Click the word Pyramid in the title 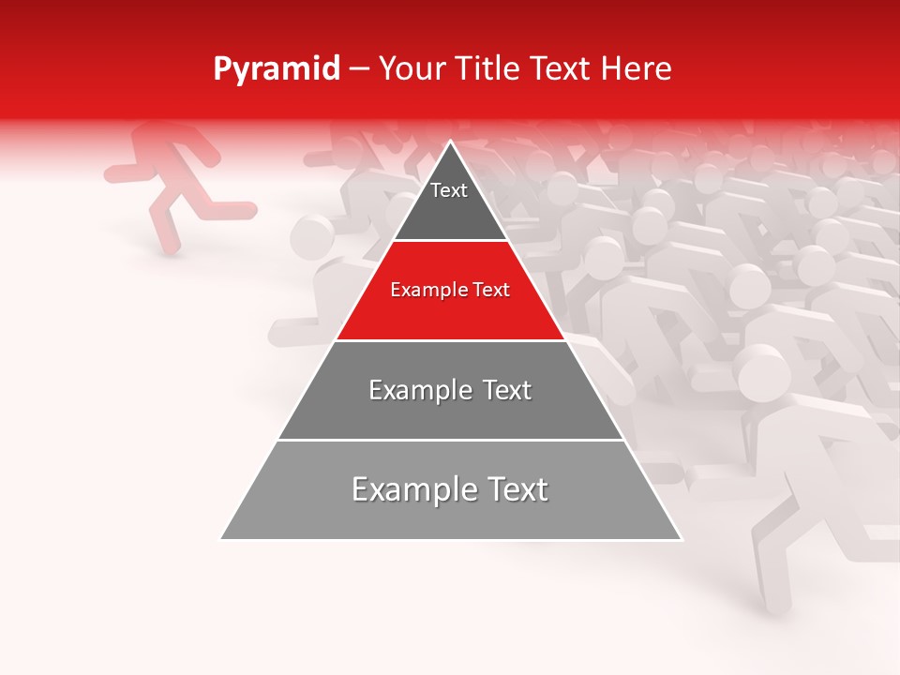tap(276, 70)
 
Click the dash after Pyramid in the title tap(359, 70)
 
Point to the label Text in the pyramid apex tap(448, 190)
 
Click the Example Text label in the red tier tap(450, 291)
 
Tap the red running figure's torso tap(170, 169)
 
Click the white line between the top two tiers tap(450, 241)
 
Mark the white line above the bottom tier tap(450, 440)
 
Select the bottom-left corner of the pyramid tap(221, 539)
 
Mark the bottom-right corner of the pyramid tap(682, 539)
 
